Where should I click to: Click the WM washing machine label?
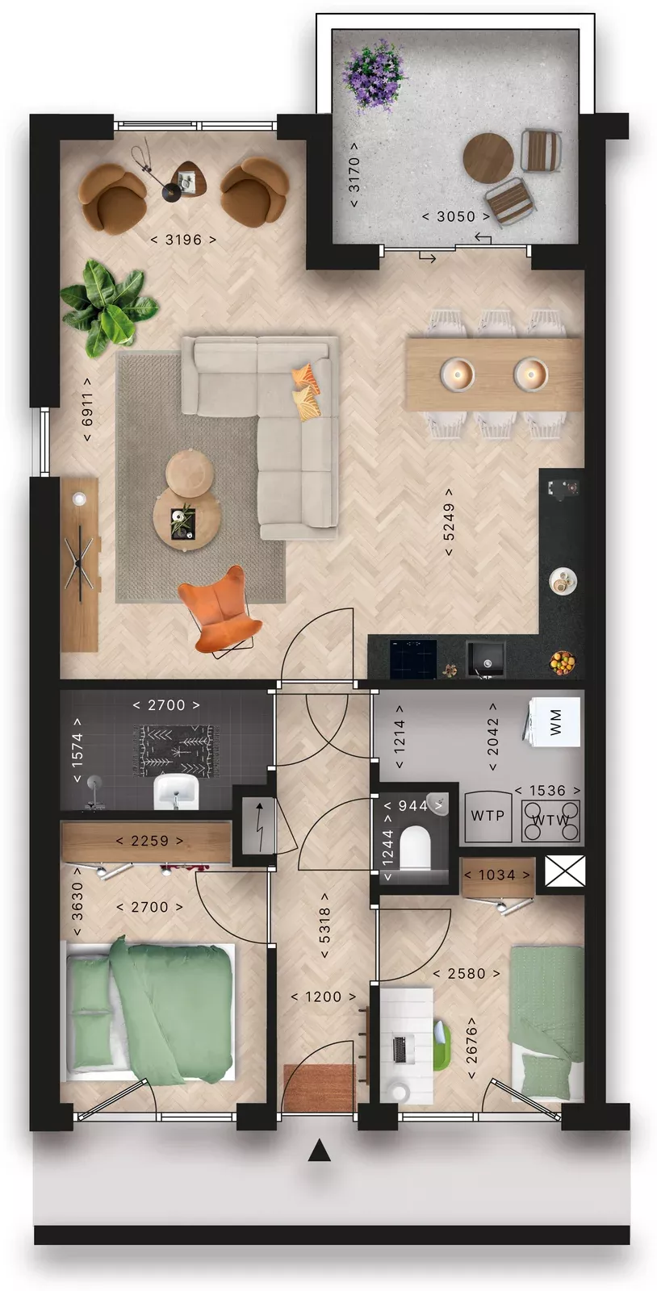point(555,721)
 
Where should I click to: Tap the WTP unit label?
point(488,816)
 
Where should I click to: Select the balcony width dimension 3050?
point(456,217)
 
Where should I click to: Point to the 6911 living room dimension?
point(87,409)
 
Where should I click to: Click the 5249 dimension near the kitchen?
point(449,522)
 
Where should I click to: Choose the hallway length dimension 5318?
point(324,925)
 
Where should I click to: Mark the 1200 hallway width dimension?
point(324,996)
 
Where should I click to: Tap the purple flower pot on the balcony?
point(373,73)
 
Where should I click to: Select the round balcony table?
point(488,158)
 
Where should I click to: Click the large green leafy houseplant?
point(108,307)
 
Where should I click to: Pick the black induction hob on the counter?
point(413,659)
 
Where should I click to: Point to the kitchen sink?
point(486,658)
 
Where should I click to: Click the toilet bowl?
point(415,846)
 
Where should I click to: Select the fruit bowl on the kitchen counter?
point(563,662)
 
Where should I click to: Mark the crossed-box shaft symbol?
point(565,871)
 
